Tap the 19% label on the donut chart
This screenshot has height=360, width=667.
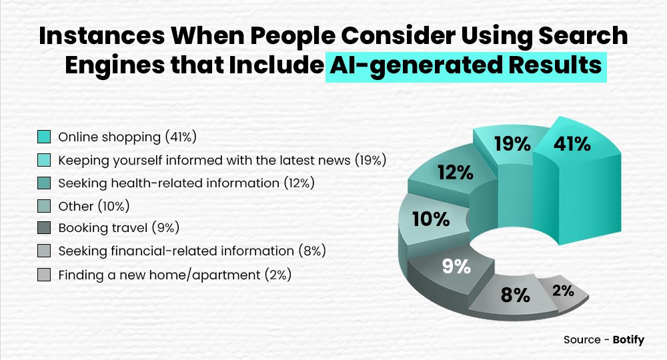pos(512,144)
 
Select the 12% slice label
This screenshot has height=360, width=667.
pos(456,173)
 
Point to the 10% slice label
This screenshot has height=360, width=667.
pos(432,219)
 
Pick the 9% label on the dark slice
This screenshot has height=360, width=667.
pos(456,267)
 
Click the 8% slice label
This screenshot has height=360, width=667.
pos(515,295)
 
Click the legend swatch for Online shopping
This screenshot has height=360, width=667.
pos(45,137)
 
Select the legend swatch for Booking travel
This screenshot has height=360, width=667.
pos(45,229)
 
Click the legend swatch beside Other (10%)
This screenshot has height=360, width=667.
pos(45,206)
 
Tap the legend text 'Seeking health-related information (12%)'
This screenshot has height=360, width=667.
pos(186,183)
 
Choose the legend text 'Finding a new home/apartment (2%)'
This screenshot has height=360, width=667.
pos(175,274)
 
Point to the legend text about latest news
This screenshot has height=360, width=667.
pos(222,160)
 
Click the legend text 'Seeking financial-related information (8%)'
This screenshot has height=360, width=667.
pos(191,251)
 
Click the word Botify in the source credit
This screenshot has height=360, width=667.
pos(628,340)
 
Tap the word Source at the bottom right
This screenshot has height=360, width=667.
pos(582,340)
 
